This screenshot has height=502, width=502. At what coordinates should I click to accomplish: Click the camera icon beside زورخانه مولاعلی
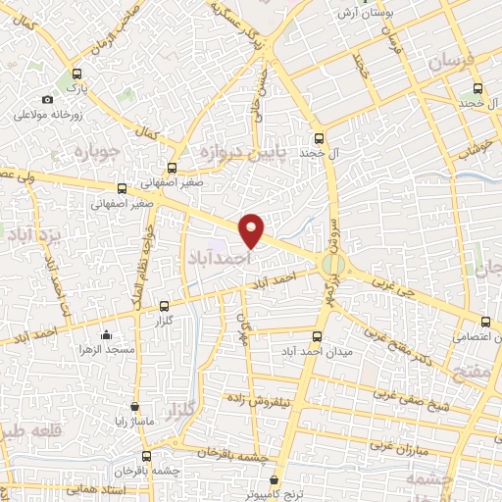click(47, 99)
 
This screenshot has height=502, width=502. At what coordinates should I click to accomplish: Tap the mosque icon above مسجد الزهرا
click(107, 333)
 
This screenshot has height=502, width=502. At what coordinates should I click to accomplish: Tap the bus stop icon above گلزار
click(163, 306)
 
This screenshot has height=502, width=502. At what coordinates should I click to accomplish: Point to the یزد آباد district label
click(23, 235)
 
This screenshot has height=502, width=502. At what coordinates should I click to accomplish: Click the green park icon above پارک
click(77, 75)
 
